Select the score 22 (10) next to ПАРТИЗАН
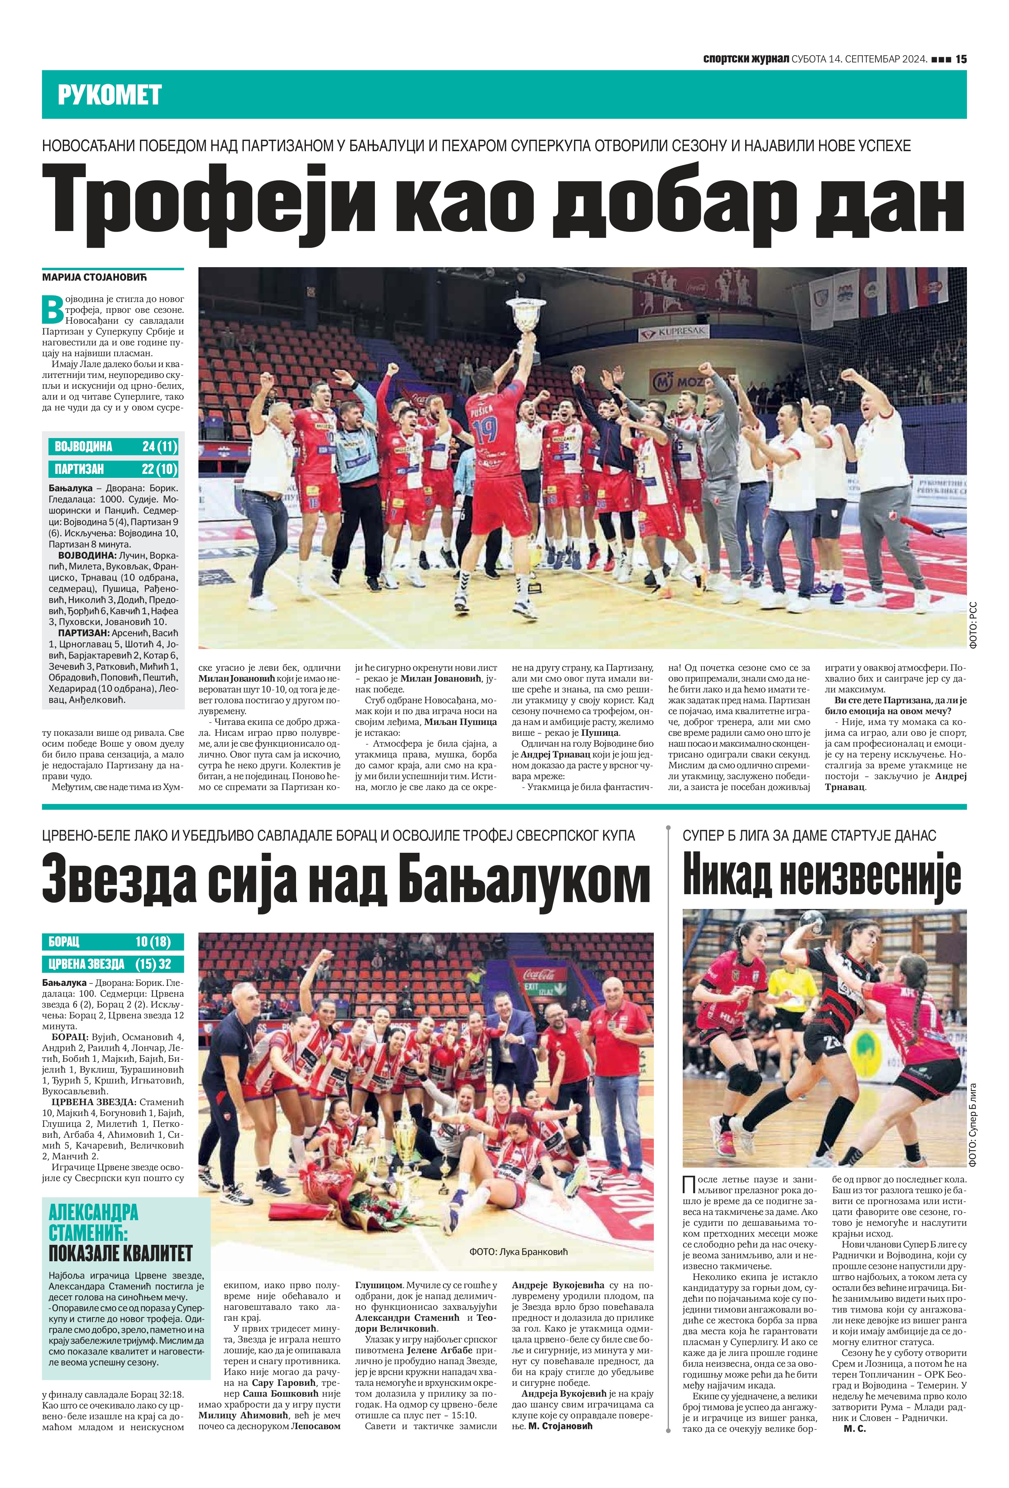[x=159, y=469]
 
